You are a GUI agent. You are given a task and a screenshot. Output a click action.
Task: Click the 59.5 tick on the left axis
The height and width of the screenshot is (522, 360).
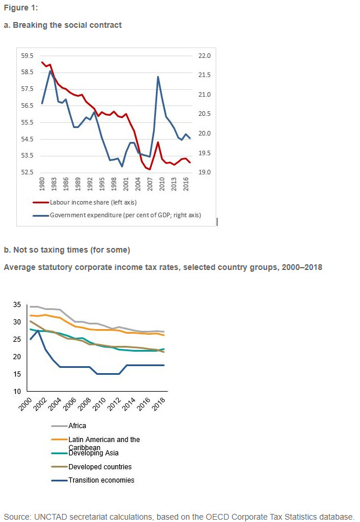[27, 56]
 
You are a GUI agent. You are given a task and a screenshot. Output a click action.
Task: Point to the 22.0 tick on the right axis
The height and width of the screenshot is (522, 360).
[205, 56]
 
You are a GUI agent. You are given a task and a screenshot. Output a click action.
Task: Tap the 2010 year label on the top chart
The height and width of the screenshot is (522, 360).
[162, 184]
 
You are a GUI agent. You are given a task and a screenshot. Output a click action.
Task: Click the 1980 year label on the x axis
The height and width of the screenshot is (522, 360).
[42, 184]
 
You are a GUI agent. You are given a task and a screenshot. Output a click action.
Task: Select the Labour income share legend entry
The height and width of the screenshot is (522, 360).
[85, 202]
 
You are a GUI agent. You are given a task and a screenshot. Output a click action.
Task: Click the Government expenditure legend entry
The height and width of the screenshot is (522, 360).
[117, 215]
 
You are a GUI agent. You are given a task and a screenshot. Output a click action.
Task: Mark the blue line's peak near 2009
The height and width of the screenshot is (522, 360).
[158, 77]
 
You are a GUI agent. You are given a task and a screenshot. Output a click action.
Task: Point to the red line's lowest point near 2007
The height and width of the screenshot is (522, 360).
[150, 169]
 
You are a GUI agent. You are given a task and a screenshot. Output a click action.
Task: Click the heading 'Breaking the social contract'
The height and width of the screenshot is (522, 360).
[67, 25]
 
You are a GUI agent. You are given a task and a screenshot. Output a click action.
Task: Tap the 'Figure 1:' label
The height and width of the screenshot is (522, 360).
[21, 8]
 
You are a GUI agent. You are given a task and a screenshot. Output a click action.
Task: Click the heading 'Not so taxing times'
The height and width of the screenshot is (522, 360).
[50, 250]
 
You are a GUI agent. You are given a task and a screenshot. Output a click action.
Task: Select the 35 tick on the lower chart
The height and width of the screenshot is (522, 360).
[17, 305]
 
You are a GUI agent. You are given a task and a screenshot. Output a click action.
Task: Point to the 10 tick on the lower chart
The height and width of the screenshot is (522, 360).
[17, 392]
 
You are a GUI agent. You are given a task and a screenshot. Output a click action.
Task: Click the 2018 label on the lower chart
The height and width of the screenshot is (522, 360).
[159, 404]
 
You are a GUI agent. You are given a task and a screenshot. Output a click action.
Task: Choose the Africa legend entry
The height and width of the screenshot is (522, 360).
[68, 426]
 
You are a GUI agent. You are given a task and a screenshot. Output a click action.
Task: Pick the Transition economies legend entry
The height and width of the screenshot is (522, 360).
[93, 480]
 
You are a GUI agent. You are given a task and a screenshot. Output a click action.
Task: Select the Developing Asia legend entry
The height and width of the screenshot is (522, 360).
[85, 453]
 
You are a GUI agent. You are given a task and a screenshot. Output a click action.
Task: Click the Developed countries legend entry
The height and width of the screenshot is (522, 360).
[92, 467]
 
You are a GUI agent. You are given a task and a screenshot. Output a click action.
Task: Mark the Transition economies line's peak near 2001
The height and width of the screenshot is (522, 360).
[38, 331]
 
